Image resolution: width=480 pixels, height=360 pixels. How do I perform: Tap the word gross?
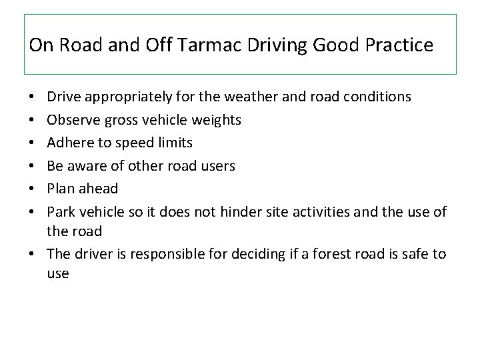pyautogui.click(x=118, y=119)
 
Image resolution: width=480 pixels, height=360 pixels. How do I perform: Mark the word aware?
pyautogui.click(x=87, y=165)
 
